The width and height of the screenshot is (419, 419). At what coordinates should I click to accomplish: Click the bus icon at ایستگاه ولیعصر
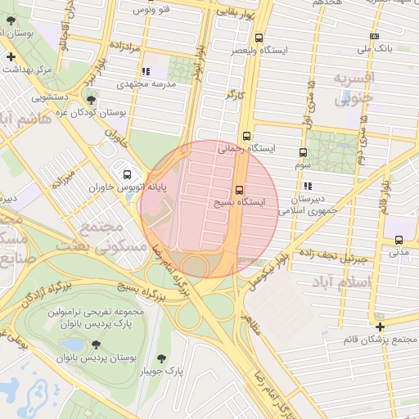tap(259, 38)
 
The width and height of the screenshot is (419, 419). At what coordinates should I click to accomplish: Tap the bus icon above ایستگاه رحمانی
tap(247, 137)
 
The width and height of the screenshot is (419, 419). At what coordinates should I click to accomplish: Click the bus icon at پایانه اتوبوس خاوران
tap(127, 174)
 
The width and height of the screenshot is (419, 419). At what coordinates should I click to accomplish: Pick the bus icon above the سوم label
tap(304, 152)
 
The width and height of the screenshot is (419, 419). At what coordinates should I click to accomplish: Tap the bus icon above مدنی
tap(399, 240)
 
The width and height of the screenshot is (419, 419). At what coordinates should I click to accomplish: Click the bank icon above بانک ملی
tap(374, 37)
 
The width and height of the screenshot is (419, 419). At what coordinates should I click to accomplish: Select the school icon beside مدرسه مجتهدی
tap(146, 72)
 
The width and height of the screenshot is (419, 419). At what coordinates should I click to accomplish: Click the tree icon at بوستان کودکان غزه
tap(91, 100)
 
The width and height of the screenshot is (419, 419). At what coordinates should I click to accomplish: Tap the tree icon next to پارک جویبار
tap(162, 358)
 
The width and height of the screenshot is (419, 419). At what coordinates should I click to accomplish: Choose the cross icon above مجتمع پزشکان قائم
tap(380, 326)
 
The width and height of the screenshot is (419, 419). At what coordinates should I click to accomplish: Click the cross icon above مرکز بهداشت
tap(10, 57)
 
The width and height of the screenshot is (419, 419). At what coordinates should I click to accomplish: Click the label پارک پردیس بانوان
tap(101, 323)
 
